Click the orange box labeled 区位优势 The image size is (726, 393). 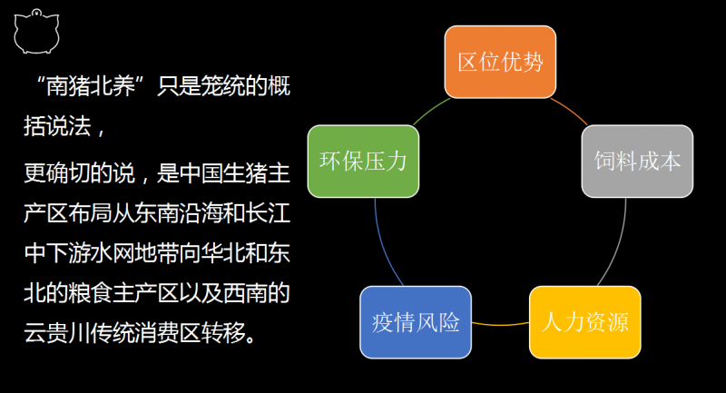pos(500,62)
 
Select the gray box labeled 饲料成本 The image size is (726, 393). pos(637,161)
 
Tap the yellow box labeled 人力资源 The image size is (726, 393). pos(584,322)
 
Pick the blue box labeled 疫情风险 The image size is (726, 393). pos(416,322)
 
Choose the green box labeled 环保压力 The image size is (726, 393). pos(364,161)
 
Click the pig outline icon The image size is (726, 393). pos(36,32)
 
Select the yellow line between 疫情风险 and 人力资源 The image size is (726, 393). pos(500,325)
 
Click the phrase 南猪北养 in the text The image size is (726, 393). pos(91,86)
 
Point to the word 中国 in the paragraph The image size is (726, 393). pos(201,173)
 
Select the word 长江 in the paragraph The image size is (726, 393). pos(268,213)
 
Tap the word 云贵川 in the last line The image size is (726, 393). pos(57,332)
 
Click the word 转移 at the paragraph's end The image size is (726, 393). pos(223,332)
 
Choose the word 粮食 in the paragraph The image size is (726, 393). pos(90,293)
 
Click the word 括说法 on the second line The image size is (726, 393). pos(57,126)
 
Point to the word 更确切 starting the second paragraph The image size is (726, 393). pos(57,173)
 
